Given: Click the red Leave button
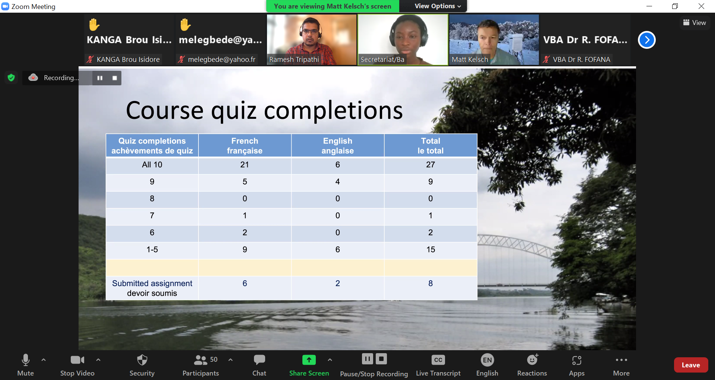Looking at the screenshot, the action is (691, 365).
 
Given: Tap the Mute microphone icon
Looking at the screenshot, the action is (26, 360).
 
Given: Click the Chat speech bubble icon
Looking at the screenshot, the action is (259, 360).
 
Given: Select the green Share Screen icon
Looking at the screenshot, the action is (309, 360).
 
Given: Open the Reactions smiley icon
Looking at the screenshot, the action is (533, 360).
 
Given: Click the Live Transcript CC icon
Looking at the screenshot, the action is (438, 360).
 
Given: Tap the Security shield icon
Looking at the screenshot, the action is (142, 360).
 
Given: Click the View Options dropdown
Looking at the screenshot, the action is (438, 6).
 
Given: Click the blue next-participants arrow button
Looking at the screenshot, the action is (647, 40).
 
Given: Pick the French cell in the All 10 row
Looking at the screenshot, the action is (245, 165).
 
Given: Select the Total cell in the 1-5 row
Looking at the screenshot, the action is (430, 250).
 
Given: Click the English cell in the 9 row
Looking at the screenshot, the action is (338, 182).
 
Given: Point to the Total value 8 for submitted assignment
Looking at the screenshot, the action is (430, 283).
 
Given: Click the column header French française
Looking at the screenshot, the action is (245, 146).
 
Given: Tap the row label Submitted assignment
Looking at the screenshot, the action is (152, 283).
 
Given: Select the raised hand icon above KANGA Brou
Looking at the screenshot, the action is (94, 25).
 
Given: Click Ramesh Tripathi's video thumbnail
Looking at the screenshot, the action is (312, 39).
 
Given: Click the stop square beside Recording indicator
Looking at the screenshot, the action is (115, 78).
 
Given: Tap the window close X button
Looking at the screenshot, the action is (701, 6).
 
